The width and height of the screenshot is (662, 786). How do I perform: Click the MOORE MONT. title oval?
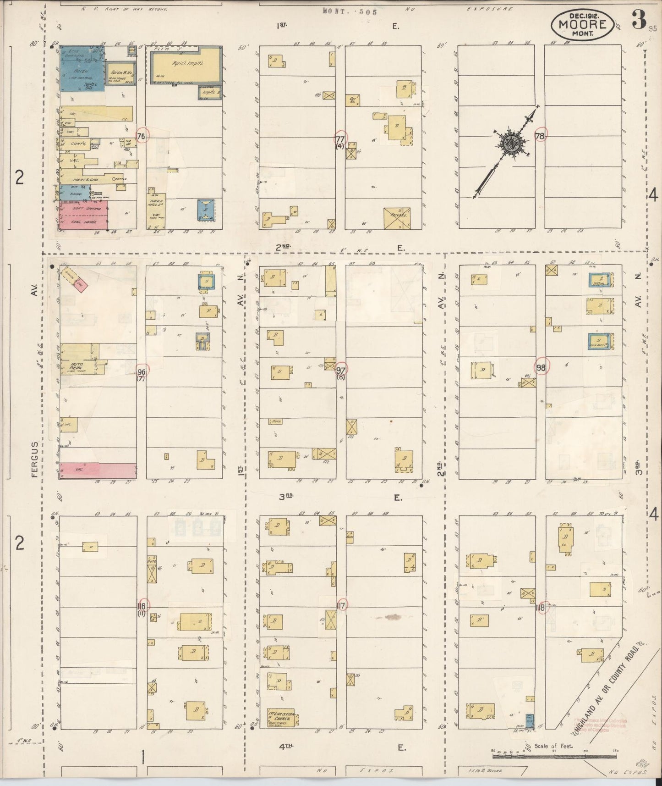tap(582, 25)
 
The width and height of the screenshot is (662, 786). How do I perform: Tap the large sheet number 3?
tap(638, 21)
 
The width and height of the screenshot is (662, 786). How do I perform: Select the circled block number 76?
tap(141, 136)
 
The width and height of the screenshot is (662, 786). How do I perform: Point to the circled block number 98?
tap(541, 367)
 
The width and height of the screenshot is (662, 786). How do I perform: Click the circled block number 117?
tap(341, 605)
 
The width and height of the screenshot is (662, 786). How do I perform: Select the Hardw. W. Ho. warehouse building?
tap(118, 73)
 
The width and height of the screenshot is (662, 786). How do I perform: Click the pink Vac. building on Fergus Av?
tap(97, 470)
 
